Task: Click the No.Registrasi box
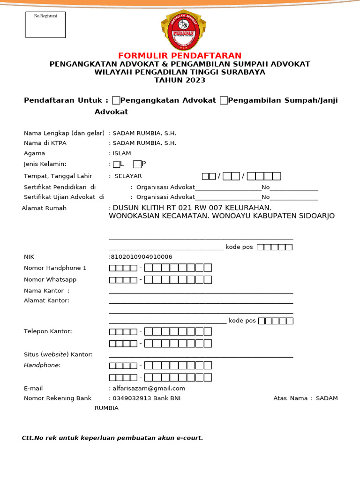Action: [x=45, y=25]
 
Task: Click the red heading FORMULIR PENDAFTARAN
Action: [x=180, y=56]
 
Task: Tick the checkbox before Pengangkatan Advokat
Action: [x=116, y=100]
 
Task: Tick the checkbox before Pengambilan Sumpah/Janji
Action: [x=224, y=100]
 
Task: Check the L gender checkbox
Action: [x=116, y=164]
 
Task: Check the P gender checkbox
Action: [x=137, y=164]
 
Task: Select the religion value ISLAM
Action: [x=121, y=153]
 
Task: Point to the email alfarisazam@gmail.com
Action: [x=149, y=389]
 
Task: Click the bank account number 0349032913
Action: [x=130, y=398]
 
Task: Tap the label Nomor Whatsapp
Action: [x=50, y=280]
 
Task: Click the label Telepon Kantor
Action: [x=48, y=331]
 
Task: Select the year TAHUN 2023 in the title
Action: [x=180, y=80]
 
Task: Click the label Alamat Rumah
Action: [x=44, y=208]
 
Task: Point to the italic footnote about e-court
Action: [x=112, y=438]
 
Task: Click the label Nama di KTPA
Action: [x=45, y=143]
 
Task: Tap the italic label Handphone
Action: [x=42, y=365]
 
